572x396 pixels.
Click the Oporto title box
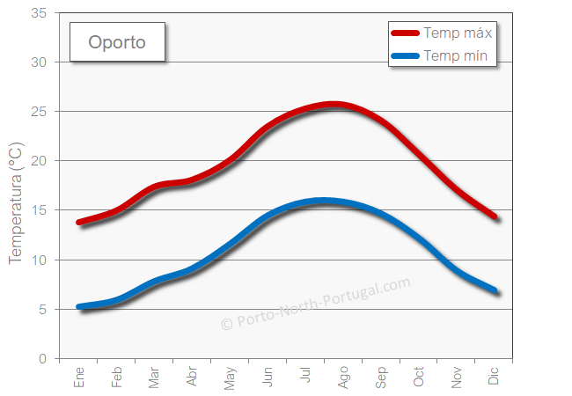tap(117, 42)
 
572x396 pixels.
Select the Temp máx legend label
tap(457, 33)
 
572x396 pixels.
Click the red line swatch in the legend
tap(405, 33)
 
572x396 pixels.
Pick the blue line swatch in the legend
tap(405, 57)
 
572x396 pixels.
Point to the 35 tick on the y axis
tap(39, 13)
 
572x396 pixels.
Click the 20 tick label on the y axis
tap(39, 161)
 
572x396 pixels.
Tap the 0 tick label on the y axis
tap(42, 358)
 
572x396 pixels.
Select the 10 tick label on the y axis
tap(39, 260)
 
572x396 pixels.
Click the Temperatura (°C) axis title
tap(15, 203)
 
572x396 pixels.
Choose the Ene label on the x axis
tap(79, 378)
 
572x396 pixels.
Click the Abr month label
tap(193, 378)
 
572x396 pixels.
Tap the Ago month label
tap(343, 378)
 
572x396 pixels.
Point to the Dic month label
tap(494, 377)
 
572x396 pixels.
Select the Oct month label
tap(419, 378)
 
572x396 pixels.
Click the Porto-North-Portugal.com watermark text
tap(315, 304)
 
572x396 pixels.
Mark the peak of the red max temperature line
tap(333, 105)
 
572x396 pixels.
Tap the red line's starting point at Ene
tap(79, 223)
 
